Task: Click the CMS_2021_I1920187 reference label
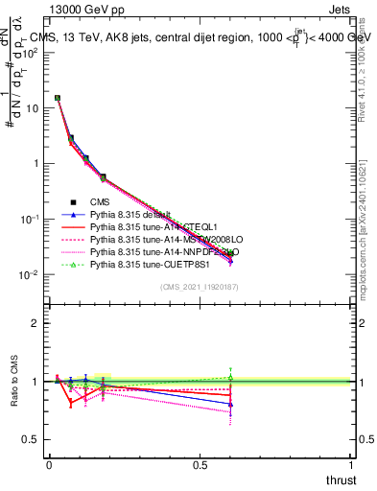(200, 287)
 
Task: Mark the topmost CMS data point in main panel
(58, 98)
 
